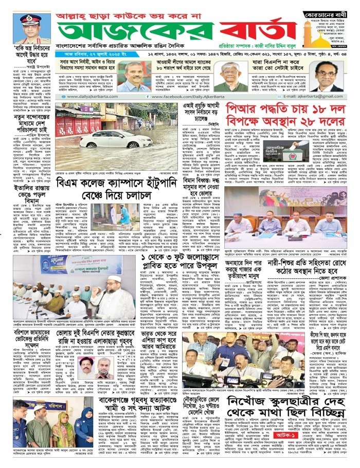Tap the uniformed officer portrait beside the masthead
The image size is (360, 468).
[x=28, y=29]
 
